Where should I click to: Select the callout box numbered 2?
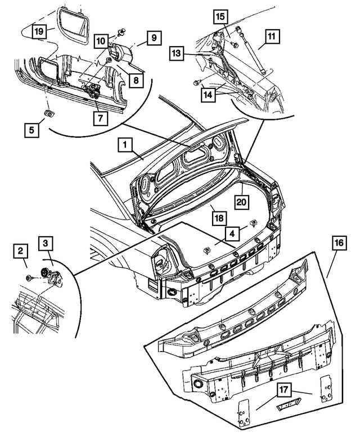(x=21, y=250)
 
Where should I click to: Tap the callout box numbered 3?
(x=46, y=244)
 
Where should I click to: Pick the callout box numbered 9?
(x=154, y=38)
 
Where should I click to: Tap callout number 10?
(x=101, y=40)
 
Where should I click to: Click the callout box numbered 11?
(x=271, y=38)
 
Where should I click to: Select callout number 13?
(x=178, y=53)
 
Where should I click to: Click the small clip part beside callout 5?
(x=49, y=114)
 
